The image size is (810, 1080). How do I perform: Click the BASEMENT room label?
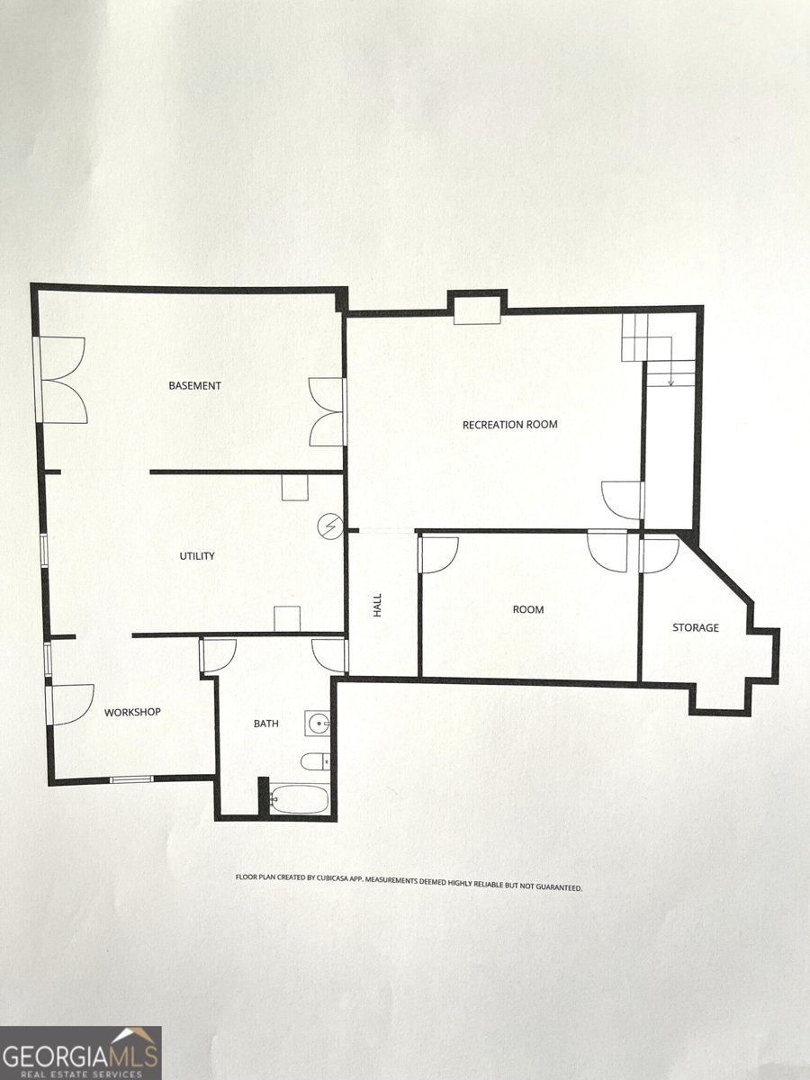click(x=194, y=386)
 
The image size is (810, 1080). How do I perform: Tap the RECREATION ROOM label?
click(x=509, y=425)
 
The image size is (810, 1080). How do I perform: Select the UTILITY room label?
click(x=197, y=556)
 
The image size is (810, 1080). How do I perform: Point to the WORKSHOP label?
click(x=132, y=713)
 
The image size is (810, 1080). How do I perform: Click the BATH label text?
click(x=265, y=724)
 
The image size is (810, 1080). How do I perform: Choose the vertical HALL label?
click(x=378, y=604)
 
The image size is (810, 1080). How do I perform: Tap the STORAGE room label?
click(x=696, y=627)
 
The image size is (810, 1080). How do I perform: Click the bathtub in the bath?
click(x=300, y=798)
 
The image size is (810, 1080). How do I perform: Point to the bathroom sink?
click(x=319, y=722)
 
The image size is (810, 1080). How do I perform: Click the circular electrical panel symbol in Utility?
click(x=332, y=525)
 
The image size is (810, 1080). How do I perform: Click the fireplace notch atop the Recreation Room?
click(x=477, y=308)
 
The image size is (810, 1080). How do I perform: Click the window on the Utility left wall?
click(x=44, y=550)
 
